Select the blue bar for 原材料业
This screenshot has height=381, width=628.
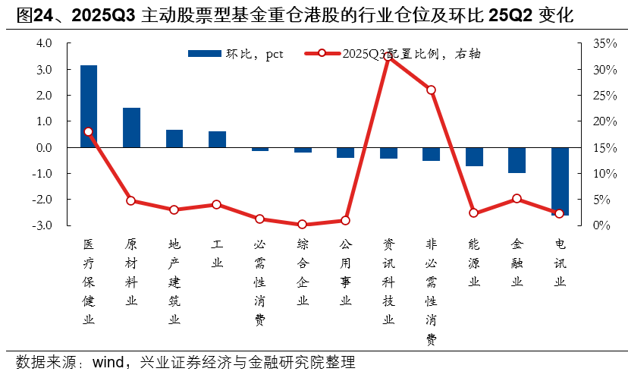pos(131,128)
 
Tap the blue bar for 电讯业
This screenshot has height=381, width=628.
pos(560,181)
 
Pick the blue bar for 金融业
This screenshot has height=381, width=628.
pos(517,160)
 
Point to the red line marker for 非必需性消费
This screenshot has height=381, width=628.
pos(431,90)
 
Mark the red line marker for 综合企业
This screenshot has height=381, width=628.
pos(303,225)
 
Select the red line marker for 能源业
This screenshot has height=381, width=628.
pos(474,213)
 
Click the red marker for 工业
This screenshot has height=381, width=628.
pos(217,204)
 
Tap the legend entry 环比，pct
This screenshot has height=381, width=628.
pos(235,53)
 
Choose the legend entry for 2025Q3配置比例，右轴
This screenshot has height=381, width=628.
pos(394,53)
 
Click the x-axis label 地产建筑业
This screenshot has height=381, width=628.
pos(174,282)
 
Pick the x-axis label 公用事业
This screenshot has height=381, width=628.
pos(346,272)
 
